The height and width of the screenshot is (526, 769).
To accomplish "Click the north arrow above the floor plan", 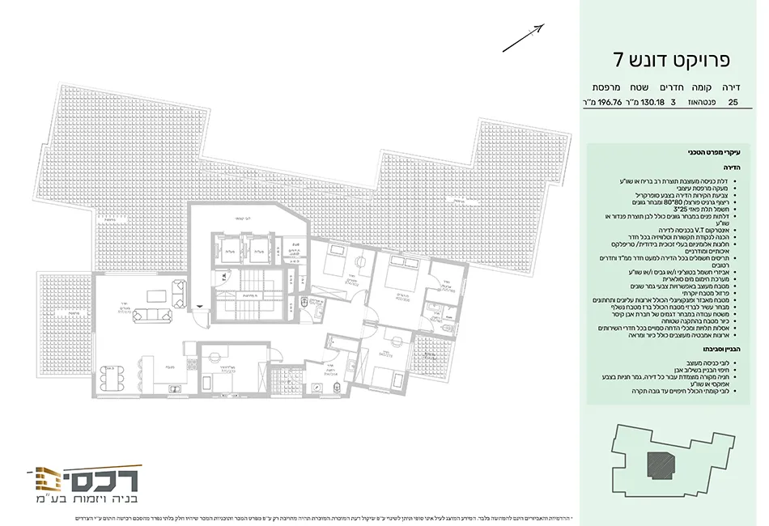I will click(x=523, y=37).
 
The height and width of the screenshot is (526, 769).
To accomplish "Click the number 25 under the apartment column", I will click(x=733, y=103).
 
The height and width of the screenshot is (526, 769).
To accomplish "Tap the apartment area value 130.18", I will click(x=652, y=103).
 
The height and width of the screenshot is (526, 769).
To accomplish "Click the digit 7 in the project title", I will click(x=618, y=59).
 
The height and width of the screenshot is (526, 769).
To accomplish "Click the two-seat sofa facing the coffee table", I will click(x=178, y=291).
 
